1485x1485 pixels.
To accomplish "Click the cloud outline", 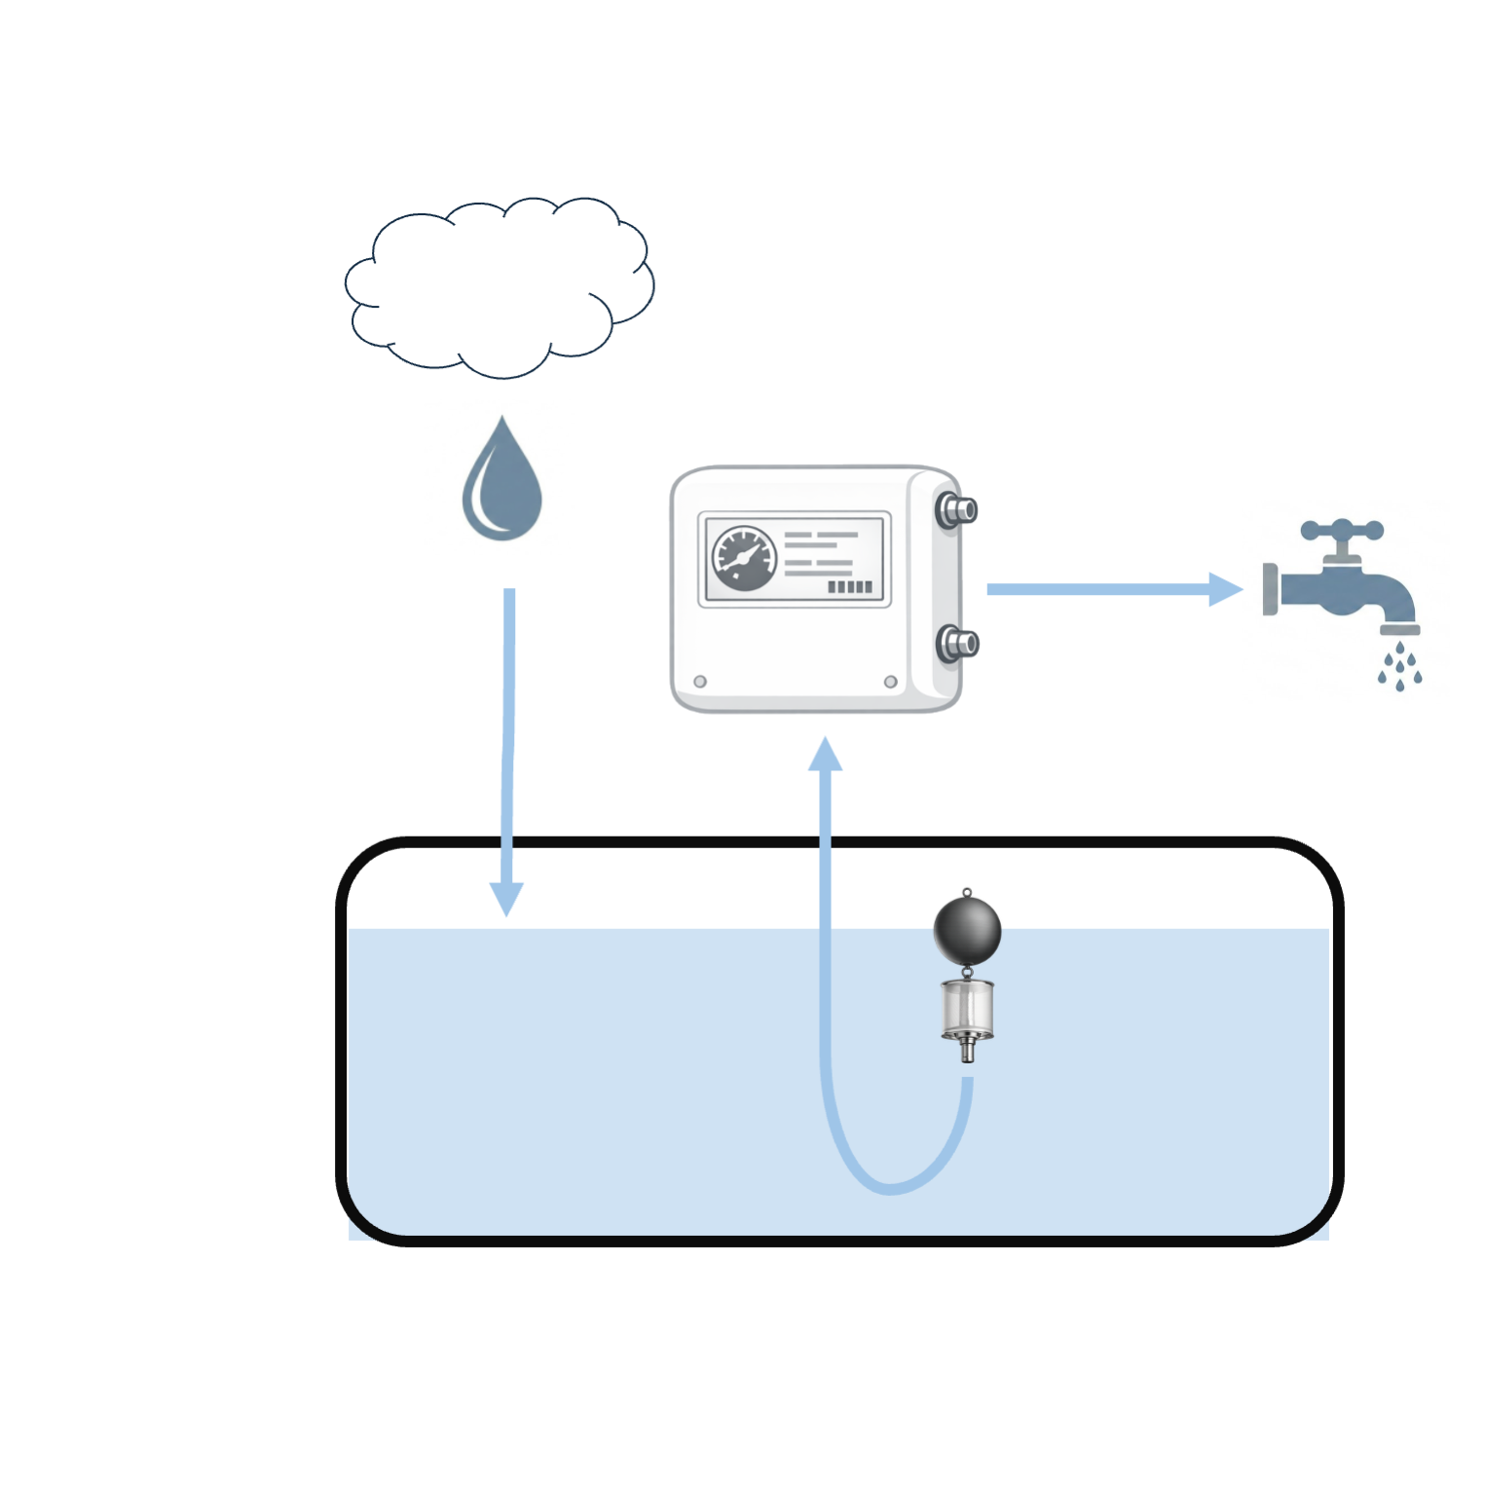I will (x=499, y=287).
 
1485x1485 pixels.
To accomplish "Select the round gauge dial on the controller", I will (x=745, y=559).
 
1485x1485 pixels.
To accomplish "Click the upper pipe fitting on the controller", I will (x=956, y=510).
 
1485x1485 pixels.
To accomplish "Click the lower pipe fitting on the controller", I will (x=956, y=644).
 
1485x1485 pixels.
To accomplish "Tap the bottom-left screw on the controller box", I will (x=700, y=682).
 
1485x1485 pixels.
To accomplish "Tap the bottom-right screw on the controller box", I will (x=890, y=682).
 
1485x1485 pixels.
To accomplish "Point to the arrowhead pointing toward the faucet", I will (x=1224, y=589).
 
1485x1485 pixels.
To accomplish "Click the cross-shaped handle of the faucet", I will (x=1342, y=531).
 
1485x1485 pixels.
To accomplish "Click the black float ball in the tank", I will (x=967, y=930).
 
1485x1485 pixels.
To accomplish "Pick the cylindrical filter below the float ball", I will (x=967, y=1010).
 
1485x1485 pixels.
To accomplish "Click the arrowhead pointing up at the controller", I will (x=825, y=756).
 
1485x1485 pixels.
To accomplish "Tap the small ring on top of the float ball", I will (x=967, y=892).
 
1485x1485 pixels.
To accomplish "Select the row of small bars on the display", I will (x=849, y=587).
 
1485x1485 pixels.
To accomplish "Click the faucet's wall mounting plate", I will (x=1270, y=589).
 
